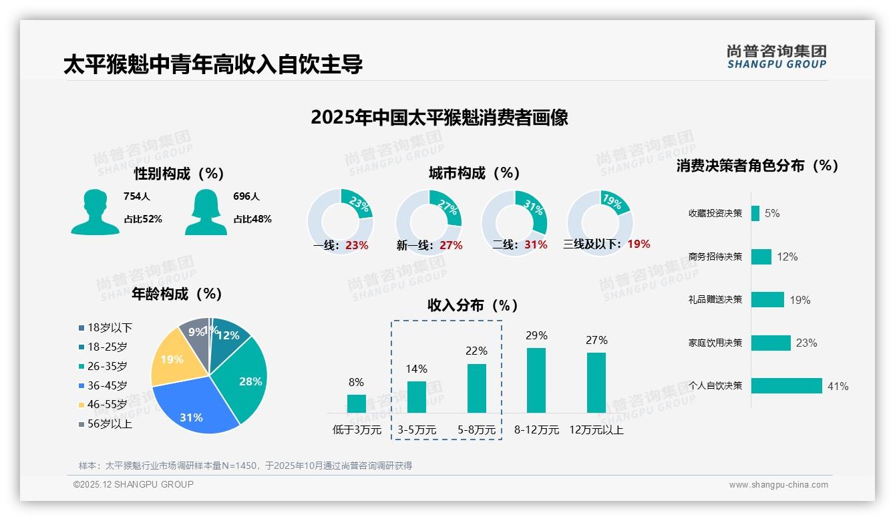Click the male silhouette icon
[96, 212]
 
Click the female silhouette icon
[206, 212]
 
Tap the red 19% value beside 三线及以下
[639, 244]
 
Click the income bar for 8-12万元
[536, 380]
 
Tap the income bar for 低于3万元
[357, 403]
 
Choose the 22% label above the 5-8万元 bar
[476, 351]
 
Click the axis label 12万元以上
[596, 430]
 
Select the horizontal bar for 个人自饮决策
[786, 386]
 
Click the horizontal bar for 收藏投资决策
[755, 213]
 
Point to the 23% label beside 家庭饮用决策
[806, 343]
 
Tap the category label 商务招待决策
[715, 256]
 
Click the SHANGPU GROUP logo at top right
[776, 57]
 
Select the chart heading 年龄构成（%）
[177, 294]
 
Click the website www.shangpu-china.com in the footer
[778, 485]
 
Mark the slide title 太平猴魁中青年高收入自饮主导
[213, 65]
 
